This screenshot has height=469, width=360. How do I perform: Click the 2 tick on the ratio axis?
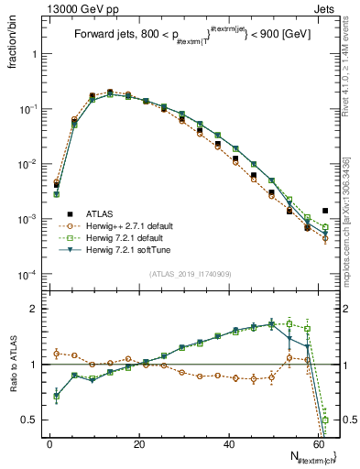pos(32,309)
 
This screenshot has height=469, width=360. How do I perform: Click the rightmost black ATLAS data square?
pos(325,211)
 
